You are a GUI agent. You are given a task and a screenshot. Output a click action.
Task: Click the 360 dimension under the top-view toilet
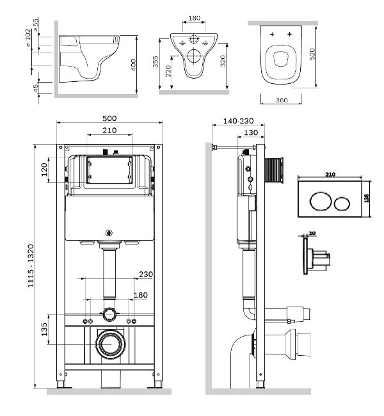(277, 99)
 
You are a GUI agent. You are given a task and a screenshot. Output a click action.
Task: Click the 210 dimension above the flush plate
(330, 174)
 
